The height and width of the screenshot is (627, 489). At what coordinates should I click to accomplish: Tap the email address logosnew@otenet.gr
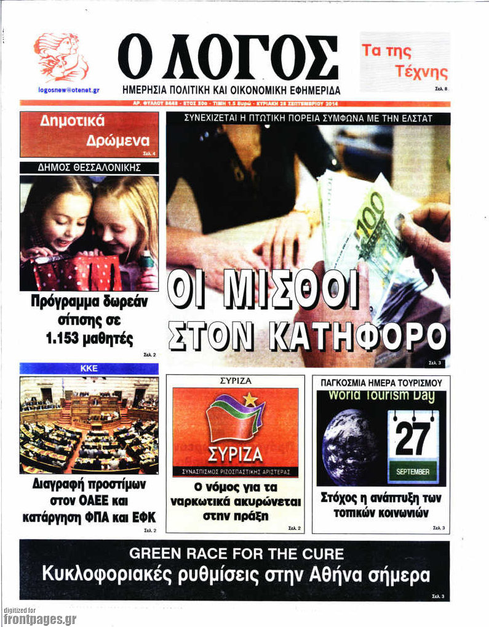tap(68, 89)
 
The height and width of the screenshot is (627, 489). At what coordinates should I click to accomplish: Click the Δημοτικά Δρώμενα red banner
tap(89, 132)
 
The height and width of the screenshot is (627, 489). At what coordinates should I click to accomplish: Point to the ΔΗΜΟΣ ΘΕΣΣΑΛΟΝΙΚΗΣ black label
tap(89, 167)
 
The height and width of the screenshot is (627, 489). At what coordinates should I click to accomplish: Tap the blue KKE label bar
tap(89, 369)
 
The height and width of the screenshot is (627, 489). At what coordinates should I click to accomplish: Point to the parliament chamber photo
tap(89, 425)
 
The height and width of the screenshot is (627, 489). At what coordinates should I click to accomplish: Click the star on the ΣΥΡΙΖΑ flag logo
tap(250, 399)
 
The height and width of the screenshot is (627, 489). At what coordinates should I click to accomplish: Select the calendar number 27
tap(413, 439)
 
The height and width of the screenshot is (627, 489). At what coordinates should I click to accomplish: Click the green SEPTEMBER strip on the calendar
tap(413, 472)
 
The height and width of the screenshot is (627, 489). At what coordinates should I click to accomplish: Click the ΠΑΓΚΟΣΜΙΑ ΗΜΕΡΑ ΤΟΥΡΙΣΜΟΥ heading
tap(381, 382)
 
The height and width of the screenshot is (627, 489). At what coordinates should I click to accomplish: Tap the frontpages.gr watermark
tap(39, 618)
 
